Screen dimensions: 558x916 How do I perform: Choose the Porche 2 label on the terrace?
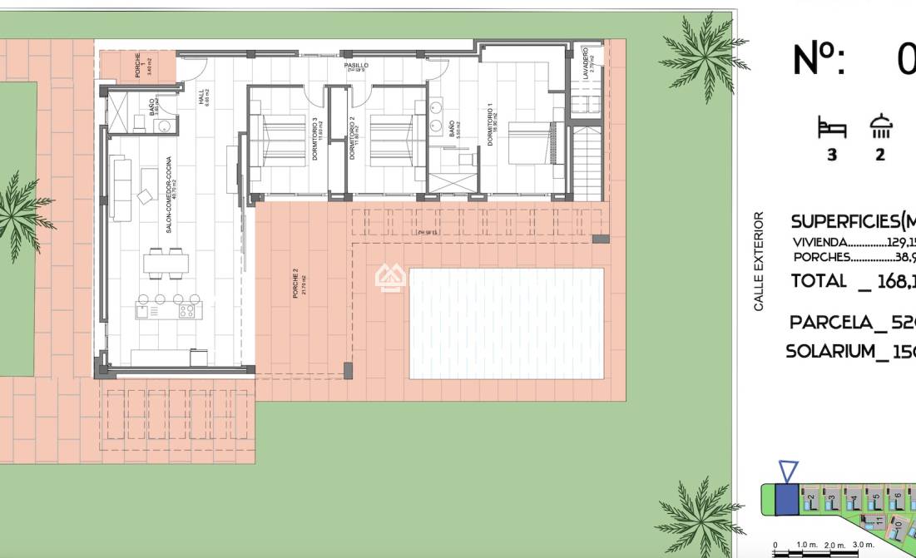pos(295,284)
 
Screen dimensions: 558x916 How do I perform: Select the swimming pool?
pos(506,323)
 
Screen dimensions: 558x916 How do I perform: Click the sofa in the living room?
pos(121,190)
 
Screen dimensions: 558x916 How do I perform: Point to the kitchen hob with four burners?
pos(187,312)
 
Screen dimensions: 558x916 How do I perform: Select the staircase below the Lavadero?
pos(585,163)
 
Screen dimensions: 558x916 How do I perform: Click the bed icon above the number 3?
pos(831,128)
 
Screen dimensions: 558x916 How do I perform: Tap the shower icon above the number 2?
pos(880,126)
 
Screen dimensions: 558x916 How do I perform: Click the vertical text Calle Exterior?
pos(759,261)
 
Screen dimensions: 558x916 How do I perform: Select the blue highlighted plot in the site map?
pos(786,499)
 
